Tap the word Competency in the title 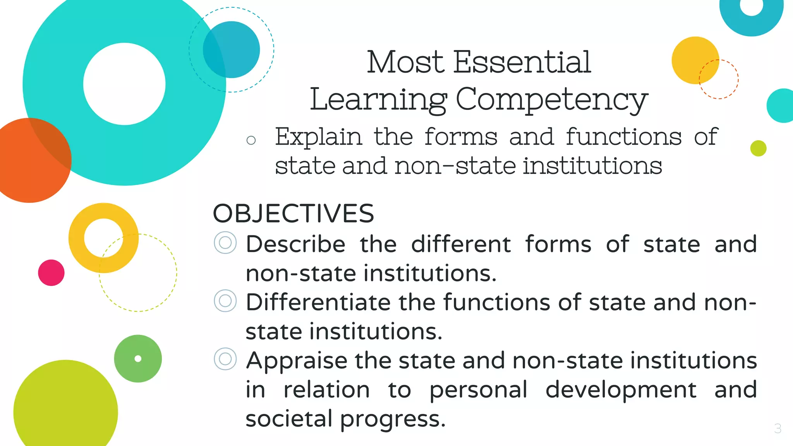coord(551,100)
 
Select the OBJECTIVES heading coord(293,214)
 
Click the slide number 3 coord(778,428)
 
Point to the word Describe coord(295,244)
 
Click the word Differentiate coord(318,302)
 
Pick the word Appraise coord(297,360)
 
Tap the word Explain coord(318,137)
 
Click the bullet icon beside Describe coord(225,243)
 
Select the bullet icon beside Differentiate coord(225,301)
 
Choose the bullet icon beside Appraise coord(225,359)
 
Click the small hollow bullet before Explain coord(251,140)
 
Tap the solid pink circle coord(51,273)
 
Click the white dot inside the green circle coord(138,359)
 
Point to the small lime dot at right coord(758,148)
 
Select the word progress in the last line coord(393,419)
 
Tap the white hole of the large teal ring coord(124,84)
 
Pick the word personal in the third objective coord(478,390)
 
